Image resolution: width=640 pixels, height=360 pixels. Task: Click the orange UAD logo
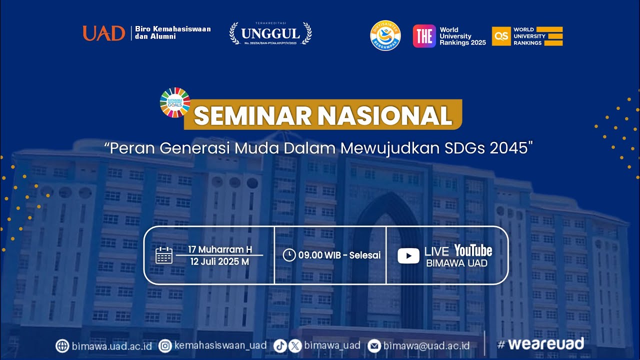tap(103, 33)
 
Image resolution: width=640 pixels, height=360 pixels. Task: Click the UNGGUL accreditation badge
tap(270, 33)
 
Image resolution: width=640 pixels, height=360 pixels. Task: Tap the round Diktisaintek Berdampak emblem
tap(385, 35)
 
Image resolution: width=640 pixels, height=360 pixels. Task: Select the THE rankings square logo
tap(424, 36)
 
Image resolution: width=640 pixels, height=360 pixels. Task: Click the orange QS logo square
tap(501, 36)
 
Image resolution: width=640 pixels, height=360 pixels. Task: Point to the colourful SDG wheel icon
tap(175, 102)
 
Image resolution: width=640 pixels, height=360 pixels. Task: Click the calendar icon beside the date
tap(164, 255)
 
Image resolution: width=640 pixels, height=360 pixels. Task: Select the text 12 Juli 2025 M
tap(219, 261)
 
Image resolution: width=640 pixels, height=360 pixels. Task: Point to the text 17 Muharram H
tap(220, 249)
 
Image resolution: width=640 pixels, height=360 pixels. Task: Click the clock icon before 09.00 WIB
tap(289, 255)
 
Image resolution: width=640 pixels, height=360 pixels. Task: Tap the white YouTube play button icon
tap(408, 256)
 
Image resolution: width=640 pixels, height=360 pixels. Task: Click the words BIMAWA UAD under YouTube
tap(456, 263)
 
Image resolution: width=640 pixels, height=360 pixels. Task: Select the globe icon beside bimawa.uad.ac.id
tap(62, 346)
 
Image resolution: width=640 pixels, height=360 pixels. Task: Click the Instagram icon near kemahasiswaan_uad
tap(165, 346)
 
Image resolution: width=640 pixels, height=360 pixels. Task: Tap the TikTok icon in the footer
tap(280, 346)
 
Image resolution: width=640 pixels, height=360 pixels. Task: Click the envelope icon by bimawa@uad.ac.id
tap(374, 346)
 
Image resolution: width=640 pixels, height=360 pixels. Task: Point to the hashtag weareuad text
tap(540, 344)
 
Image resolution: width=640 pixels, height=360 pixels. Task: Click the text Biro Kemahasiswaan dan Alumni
tap(173, 32)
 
